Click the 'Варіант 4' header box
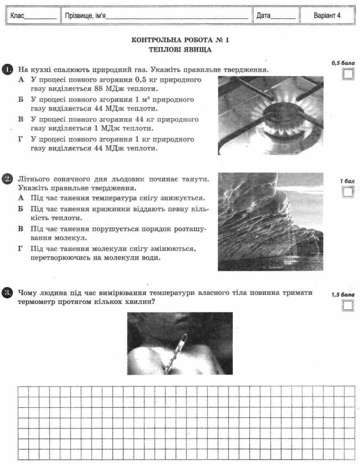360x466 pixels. click(x=327, y=16)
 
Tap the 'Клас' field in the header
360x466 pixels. click(x=33, y=16)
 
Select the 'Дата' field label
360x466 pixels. click(x=276, y=16)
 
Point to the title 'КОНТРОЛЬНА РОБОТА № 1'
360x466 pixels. click(x=180, y=40)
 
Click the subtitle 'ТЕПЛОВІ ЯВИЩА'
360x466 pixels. click(x=180, y=50)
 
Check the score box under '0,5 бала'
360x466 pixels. click(x=348, y=74)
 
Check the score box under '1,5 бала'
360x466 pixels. click(x=348, y=306)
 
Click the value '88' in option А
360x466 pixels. click(x=99, y=89)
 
